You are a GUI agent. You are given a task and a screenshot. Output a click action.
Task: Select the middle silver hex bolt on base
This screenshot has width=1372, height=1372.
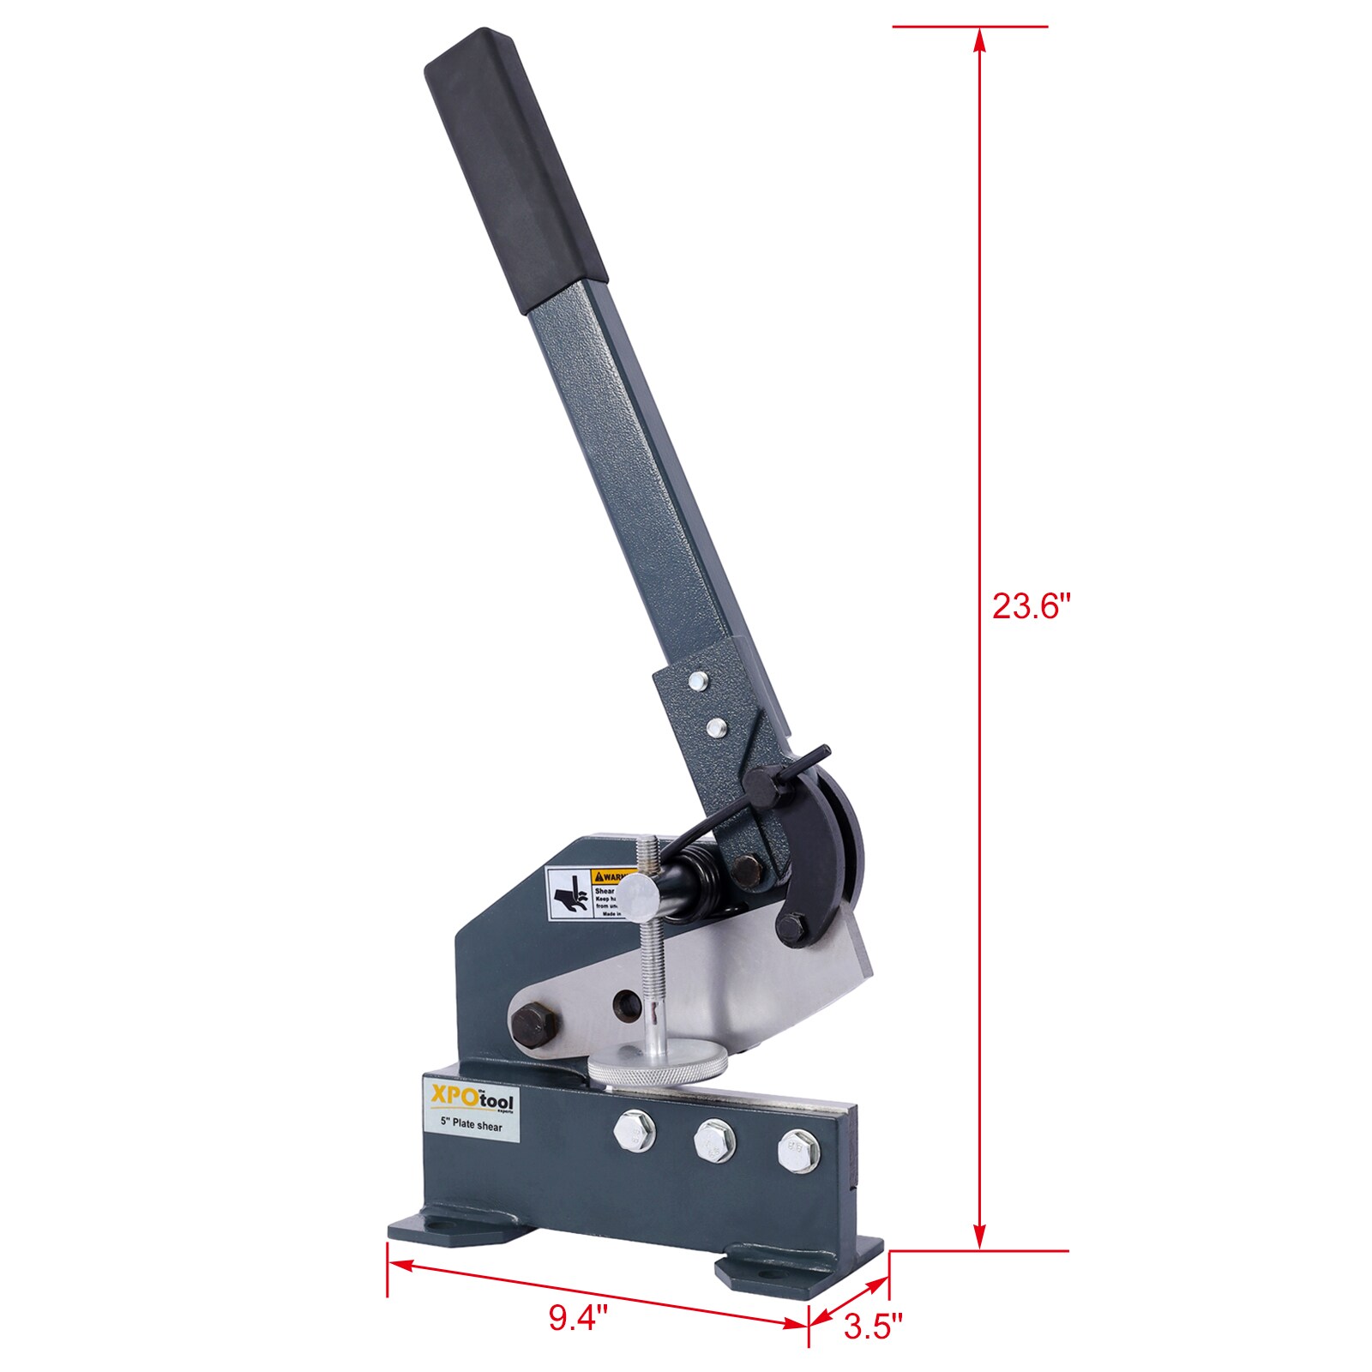point(714,1140)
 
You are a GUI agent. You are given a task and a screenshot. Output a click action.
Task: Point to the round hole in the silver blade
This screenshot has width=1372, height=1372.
point(627,1004)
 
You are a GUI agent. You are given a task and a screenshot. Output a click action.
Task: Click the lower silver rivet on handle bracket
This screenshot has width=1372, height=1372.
point(716,729)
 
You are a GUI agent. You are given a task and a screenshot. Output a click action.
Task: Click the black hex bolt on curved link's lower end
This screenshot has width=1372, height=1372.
point(792,927)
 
